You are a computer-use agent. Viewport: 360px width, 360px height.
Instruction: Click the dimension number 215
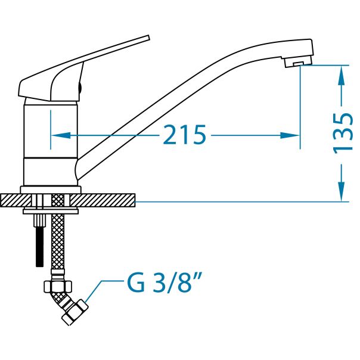(184, 136)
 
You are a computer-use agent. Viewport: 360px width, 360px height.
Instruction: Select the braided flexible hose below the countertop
(57, 238)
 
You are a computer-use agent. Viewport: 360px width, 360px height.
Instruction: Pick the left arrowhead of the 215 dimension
(55, 136)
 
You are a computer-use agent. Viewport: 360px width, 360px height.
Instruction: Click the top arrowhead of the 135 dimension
(342, 72)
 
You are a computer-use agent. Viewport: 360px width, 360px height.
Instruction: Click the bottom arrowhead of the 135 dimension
(342, 195)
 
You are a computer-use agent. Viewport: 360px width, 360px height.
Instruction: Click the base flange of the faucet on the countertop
(50, 190)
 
